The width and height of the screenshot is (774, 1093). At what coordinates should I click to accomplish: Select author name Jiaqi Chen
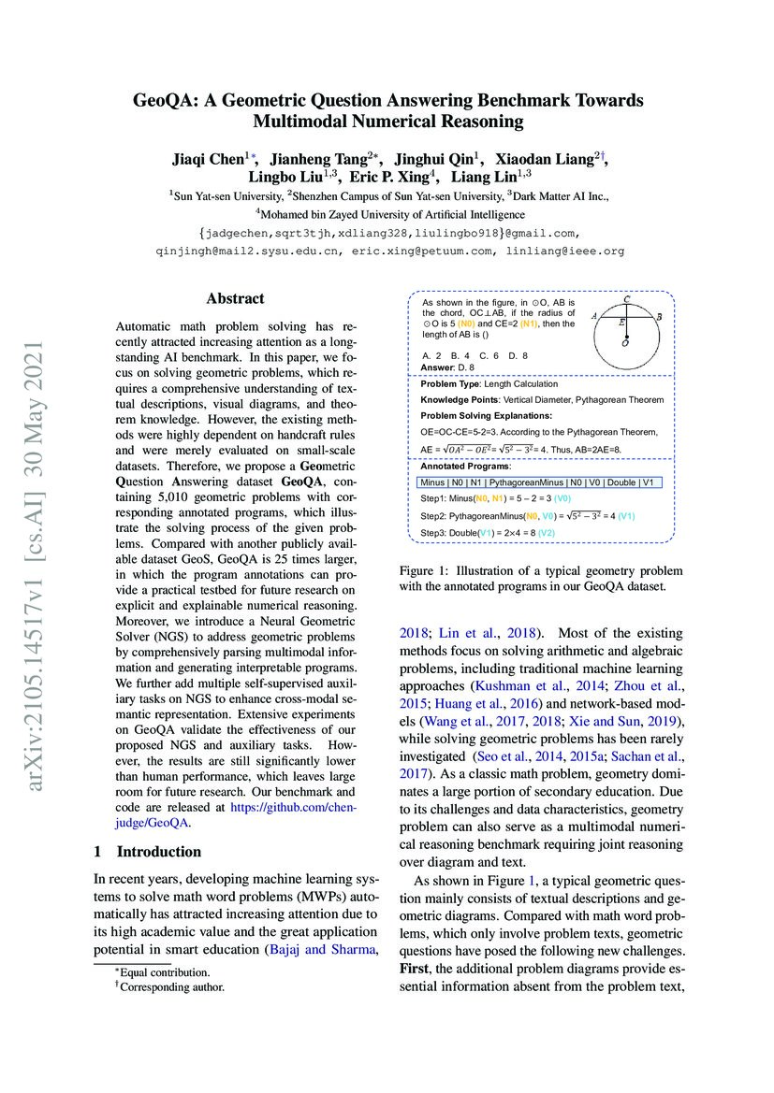[205, 159]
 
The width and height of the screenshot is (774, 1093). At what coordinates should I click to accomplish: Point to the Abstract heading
[235, 299]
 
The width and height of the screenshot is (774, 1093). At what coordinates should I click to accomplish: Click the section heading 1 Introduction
[148, 851]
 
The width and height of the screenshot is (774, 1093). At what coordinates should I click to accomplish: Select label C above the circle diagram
[625, 299]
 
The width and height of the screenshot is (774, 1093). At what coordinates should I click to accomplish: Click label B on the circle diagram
[659, 318]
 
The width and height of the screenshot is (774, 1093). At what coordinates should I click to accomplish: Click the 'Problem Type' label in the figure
[451, 384]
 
